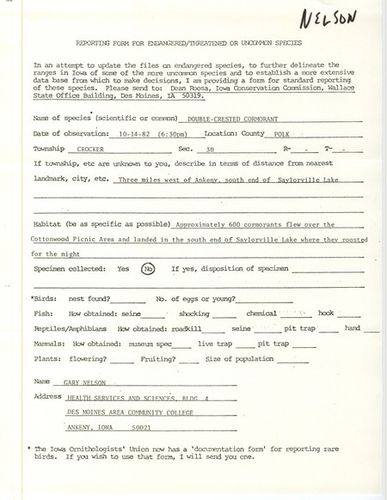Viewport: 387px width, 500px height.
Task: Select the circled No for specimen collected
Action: pos(149,267)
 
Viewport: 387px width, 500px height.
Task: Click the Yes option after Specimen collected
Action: pos(122,267)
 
